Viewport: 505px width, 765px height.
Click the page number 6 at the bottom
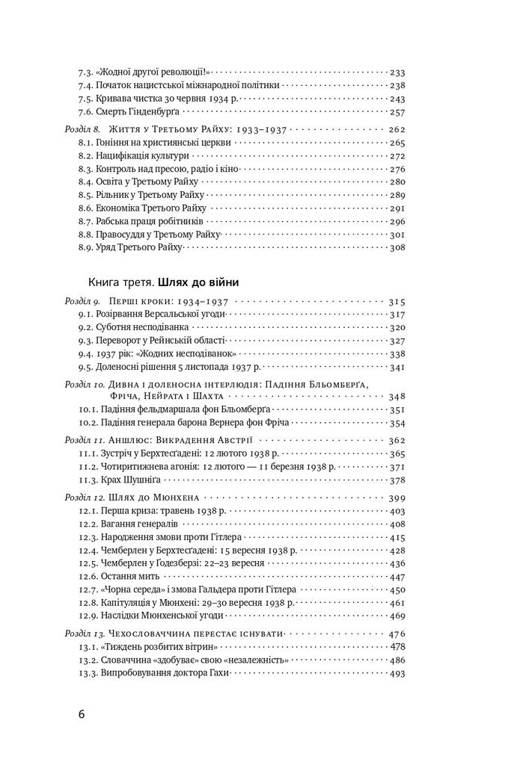(x=82, y=713)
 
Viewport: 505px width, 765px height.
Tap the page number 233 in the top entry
(x=397, y=72)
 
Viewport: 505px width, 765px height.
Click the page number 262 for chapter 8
(x=397, y=129)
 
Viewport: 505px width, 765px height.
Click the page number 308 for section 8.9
(x=397, y=247)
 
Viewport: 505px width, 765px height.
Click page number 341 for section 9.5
(x=397, y=367)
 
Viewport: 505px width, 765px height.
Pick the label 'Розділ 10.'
(x=84, y=384)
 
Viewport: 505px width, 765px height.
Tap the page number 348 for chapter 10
(x=397, y=396)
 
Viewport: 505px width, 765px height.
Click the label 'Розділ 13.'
(x=84, y=633)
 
